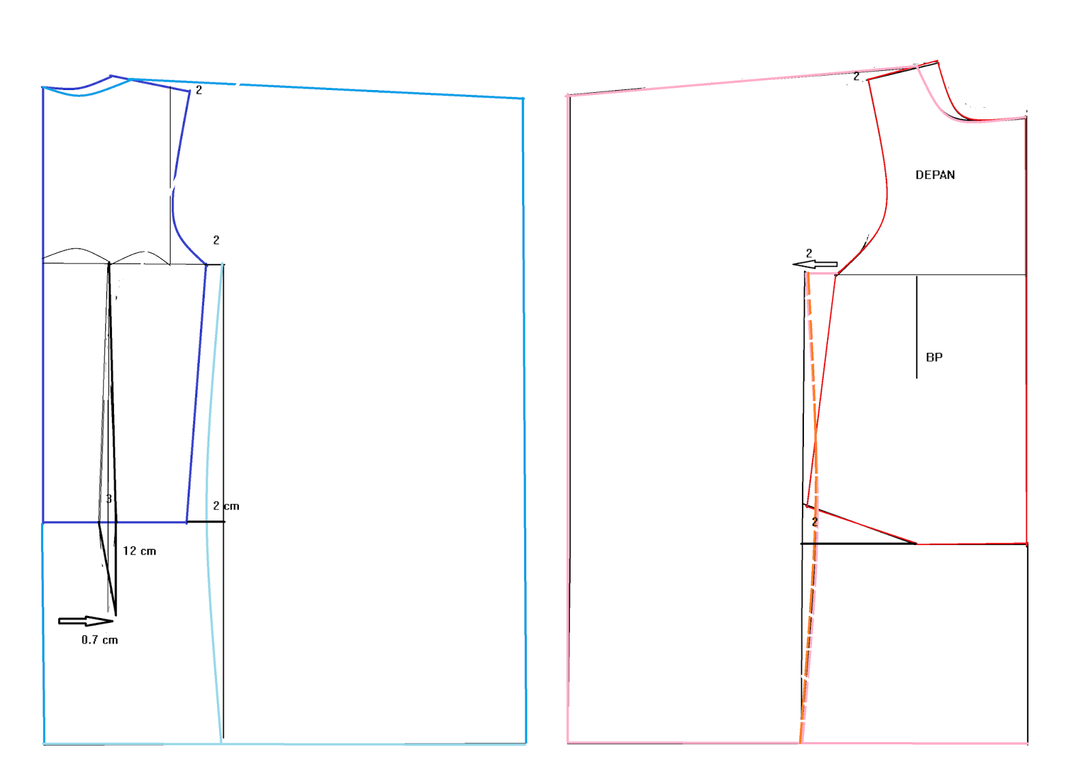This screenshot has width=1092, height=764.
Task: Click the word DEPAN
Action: tap(935, 175)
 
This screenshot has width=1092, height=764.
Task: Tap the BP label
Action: tap(934, 357)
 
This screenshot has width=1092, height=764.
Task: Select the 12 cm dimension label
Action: tap(139, 551)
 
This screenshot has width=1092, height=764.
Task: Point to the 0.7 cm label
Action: tap(100, 640)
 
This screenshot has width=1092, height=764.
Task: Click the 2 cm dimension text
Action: tap(226, 506)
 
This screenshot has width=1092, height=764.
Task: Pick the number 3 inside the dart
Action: tap(109, 499)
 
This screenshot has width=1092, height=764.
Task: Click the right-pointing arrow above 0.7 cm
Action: tap(85, 621)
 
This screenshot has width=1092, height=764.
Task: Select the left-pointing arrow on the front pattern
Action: tap(815, 265)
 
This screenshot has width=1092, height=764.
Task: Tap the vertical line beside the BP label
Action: tap(917, 327)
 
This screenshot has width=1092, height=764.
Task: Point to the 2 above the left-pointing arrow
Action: tap(809, 253)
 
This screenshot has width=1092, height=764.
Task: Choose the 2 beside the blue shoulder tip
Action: tap(199, 90)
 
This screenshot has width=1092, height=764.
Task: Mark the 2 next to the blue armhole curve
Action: tap(216, 240)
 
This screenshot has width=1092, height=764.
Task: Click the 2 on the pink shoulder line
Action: tap(857, 76)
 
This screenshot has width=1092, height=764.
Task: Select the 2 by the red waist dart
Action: tap(815, 522)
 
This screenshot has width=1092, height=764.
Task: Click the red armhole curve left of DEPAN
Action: tap(885, 171)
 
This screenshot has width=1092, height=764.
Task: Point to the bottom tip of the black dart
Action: tap(115, 615)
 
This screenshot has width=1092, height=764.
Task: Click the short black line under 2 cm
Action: tap(206, 522)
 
